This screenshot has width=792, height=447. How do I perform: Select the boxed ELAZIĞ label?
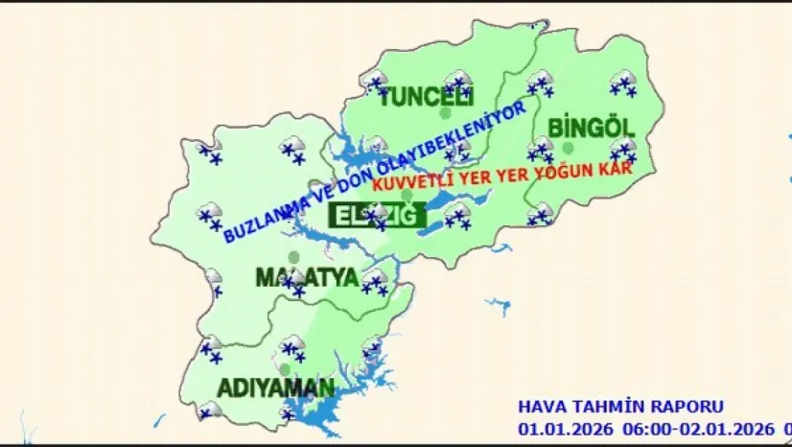pos(377,216)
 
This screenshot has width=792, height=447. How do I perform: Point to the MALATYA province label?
pos(307,278)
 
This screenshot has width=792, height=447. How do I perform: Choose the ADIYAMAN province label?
pos(276,388)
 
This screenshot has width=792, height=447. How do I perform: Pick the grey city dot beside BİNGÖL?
pos(569,148)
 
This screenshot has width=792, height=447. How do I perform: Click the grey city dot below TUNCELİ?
pos(445,113)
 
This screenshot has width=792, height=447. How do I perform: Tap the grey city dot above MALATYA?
pos(294,257)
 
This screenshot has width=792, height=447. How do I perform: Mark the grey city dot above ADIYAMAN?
pos(285,369)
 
